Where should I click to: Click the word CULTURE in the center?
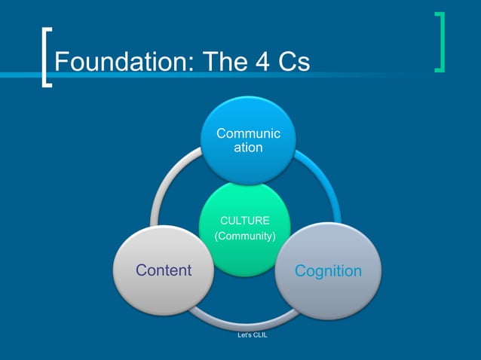pyautogui.click(x=244, y=221)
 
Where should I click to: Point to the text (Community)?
pyautogui.click(x=245, y=237)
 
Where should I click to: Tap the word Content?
pyautogui.click(x=163, y=270)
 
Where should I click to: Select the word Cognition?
pyautogui.click(x=328, y=270)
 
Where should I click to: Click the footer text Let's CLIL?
pyautogui.click(x=252, y=335)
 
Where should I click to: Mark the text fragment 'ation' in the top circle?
pyautogui.click(x=248, y=148)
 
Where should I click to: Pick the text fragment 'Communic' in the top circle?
pyautogui.click(x=248, y=134)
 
